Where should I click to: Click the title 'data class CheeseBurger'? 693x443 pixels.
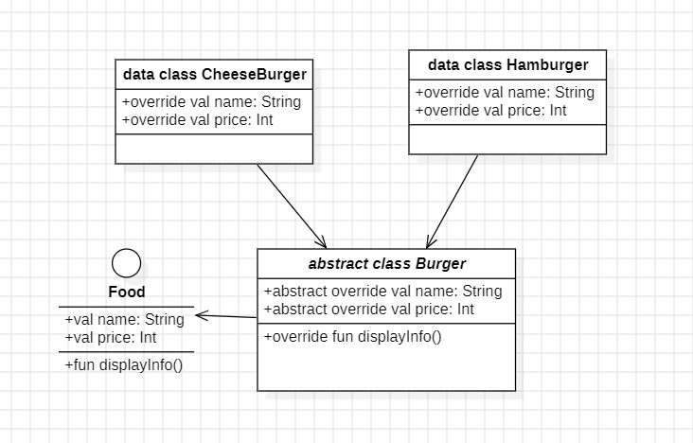215,74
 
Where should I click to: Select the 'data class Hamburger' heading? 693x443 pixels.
507,65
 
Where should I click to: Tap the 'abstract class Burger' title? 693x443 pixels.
386,263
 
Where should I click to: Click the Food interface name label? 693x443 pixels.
127,292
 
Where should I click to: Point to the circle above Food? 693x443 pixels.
127,262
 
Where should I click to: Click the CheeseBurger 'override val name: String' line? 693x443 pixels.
211,102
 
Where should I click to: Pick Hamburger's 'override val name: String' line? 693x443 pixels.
505,93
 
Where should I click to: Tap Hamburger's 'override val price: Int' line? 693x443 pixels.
490,111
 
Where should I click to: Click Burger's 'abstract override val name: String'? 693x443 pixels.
382,292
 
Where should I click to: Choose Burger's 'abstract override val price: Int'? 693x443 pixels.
368,310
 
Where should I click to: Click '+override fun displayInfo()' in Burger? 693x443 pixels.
352,337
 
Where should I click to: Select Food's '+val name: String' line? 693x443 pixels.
124,320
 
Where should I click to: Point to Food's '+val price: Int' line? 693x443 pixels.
110,338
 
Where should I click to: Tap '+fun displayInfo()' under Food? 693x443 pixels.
123,364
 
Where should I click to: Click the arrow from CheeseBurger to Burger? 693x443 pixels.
291,205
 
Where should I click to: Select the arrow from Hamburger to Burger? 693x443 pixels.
453,201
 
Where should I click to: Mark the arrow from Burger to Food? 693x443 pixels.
227,317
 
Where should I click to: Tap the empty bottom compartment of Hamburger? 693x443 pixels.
507,138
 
